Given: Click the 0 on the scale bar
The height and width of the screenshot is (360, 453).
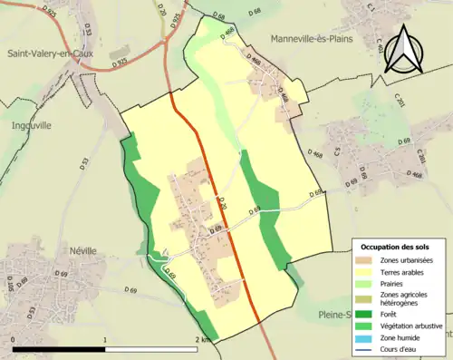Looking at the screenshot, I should tap(13, 339).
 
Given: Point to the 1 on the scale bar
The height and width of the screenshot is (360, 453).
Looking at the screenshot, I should tap(106, 339).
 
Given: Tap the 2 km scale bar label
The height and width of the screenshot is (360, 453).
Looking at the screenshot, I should tap(203, 339).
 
